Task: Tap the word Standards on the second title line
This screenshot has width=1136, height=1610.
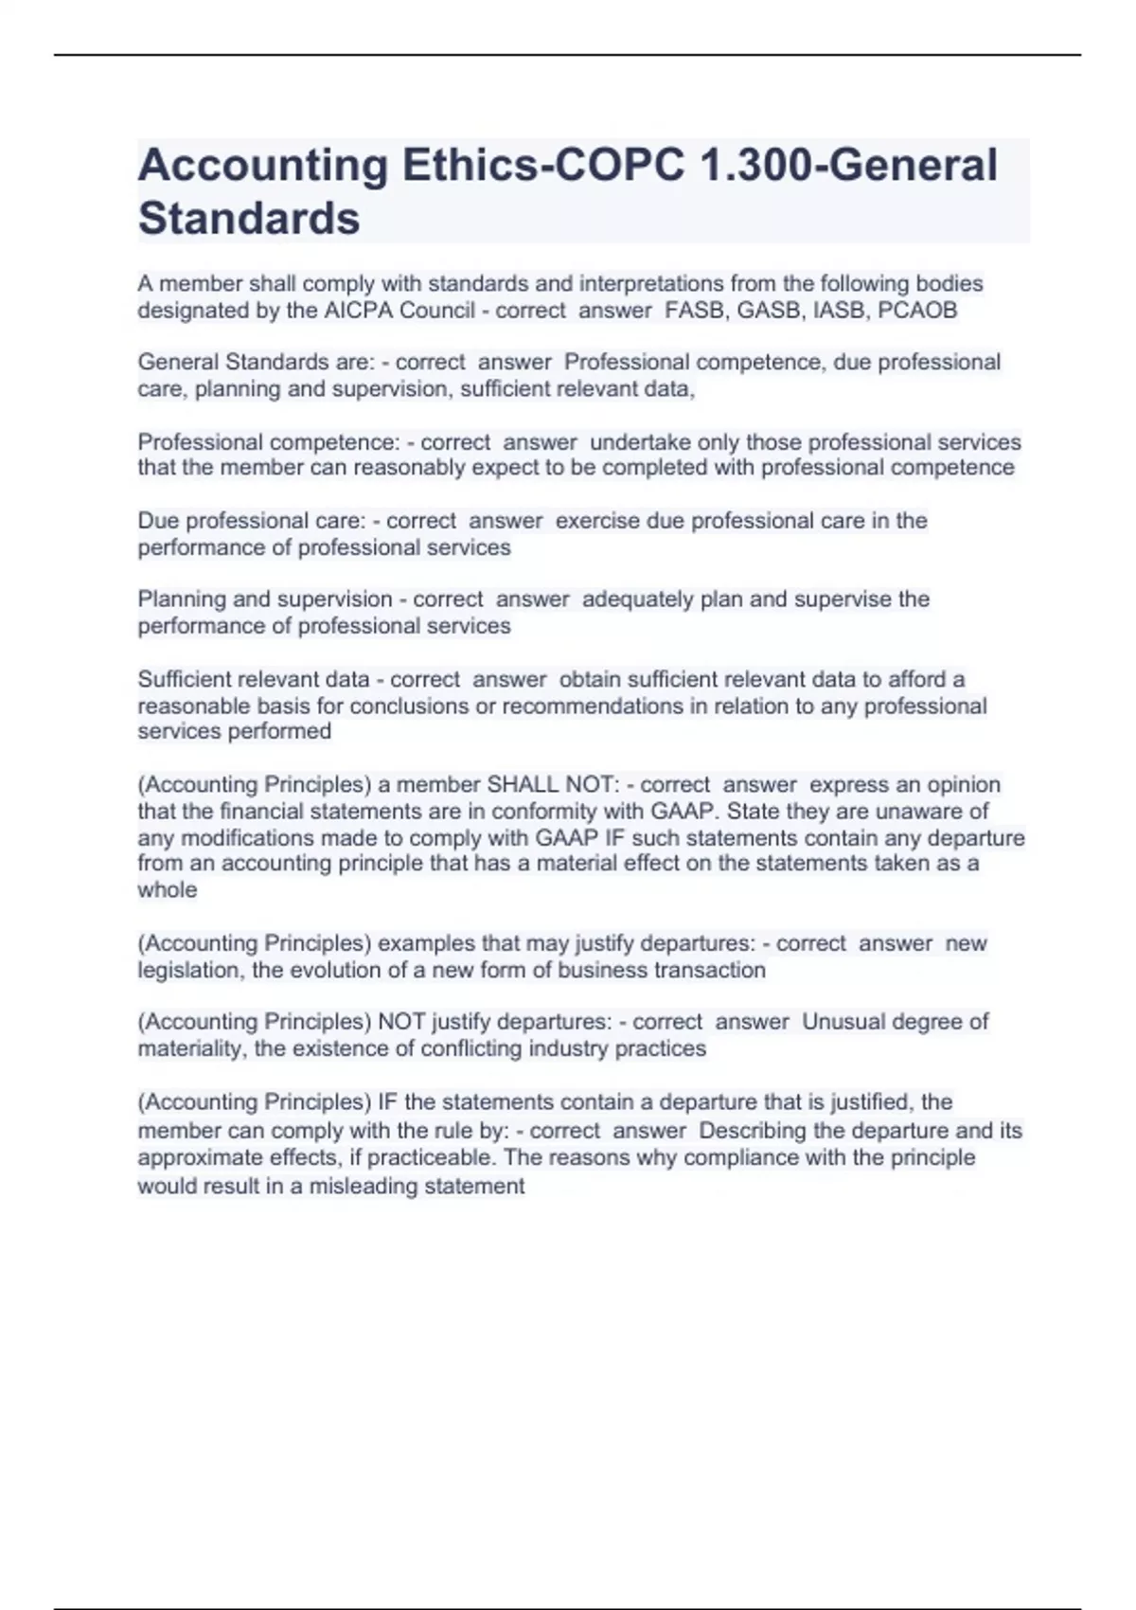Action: click(249, 219)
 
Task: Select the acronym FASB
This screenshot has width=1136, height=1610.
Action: click(694, 311)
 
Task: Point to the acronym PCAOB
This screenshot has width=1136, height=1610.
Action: click(917, 311)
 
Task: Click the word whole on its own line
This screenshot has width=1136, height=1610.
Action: click(168, 890)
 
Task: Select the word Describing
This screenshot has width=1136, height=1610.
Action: click(753, 1131)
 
